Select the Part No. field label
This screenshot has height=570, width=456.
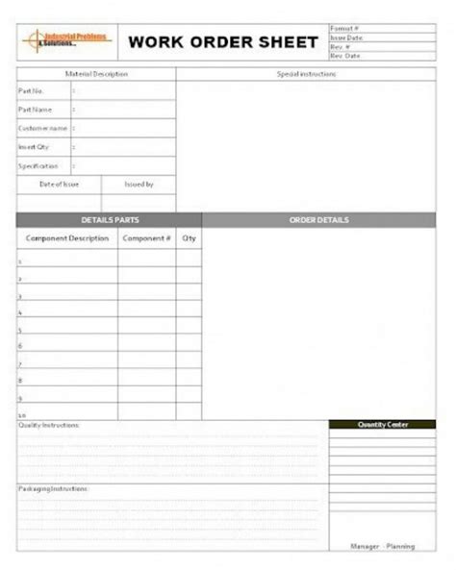coord(32,91)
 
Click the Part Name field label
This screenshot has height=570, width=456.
coord(35,110)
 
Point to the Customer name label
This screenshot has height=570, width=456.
coord(42,128)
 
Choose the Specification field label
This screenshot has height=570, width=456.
coord(38,165)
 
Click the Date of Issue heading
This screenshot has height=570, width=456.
coord(58,184)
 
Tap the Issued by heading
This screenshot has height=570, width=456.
coord(139,184)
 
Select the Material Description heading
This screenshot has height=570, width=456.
coord(96,74)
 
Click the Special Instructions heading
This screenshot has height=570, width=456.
coord(305,74)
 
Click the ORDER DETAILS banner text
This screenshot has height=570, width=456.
coord(318,220)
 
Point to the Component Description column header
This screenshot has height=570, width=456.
coord(67,237)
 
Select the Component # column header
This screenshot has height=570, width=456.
coord(146,237)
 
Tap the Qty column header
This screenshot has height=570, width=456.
coord(189,237)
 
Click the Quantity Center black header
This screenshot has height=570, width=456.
coord(382,424)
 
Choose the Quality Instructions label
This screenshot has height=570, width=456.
coord(49,424)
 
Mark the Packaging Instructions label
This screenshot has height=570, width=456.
coord(53,488)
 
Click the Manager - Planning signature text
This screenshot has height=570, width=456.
coord(382,546)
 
